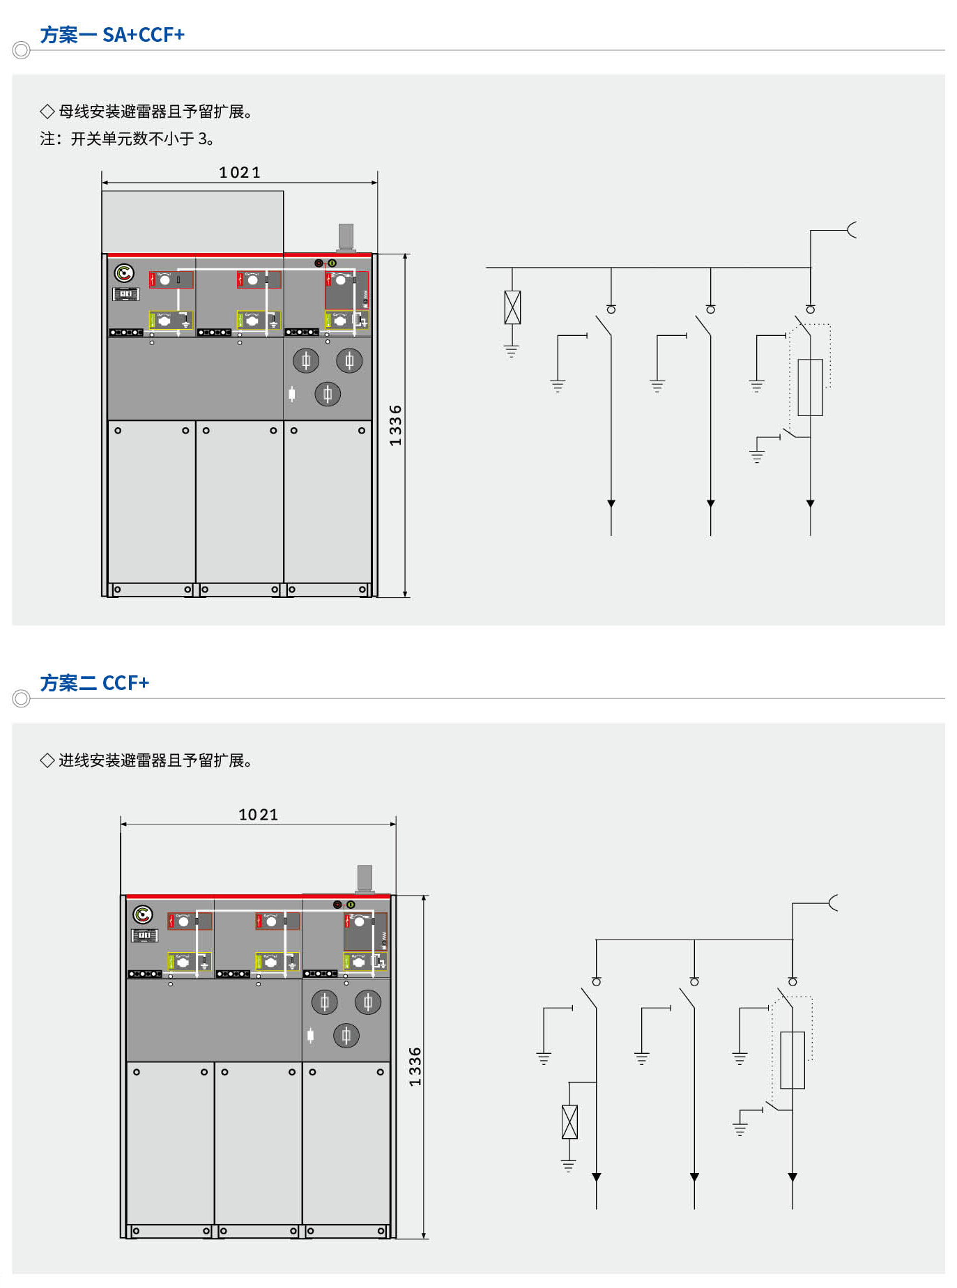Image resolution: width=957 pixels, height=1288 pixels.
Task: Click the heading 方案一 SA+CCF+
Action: pyautogui.click(x=112, y=34)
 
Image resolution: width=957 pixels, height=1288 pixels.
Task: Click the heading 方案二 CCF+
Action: pyautogui.click(x=94, y=682)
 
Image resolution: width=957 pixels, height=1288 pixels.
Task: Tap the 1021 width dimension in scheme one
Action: pyautogui.click(x=239, y=172)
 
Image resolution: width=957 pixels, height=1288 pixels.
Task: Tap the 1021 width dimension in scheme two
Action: pyautogui.click(x=258, y=814)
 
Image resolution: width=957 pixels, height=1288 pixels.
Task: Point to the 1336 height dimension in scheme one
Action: pyautogui.click(x=395, y=425)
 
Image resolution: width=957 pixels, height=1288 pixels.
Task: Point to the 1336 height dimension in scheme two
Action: pyautogui.click(x=415, y=1066)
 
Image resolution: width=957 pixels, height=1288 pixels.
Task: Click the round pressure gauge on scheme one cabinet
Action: pyautogui.click(x=124, y=273)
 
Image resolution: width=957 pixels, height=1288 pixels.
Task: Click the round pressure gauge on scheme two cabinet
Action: pyautogui.click(x=143, y=914)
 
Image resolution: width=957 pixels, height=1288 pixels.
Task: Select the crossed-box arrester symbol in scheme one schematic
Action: pyautogui.click(x=512, y=307)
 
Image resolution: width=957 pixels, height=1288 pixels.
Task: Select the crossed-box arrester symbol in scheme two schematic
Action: pyautogui.click(x=569, y=1122)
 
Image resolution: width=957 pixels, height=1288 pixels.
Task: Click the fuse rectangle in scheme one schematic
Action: pyautogui.click(x=810, y=388)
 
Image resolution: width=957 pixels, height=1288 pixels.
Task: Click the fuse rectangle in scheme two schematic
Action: pyautogui.click(x=793, y=1060)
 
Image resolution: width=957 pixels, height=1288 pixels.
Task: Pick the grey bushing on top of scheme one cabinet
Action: pyautogui.click(x=346, y=237)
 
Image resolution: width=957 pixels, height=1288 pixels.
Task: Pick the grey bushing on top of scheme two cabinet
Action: pyautogui.click(x=365, y=878)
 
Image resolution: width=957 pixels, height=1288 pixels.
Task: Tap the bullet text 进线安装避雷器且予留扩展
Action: pyautogui.click(x=155, y=760)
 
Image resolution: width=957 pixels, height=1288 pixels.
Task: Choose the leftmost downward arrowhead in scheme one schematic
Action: pyautogui.click(x=611, y=503)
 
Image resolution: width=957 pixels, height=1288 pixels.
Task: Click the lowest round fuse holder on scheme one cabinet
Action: pyautogui.click(x=328, y=394)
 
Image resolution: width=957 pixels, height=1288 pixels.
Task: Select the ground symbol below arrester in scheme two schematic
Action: pyautogui.click(x=569, y=1165)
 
